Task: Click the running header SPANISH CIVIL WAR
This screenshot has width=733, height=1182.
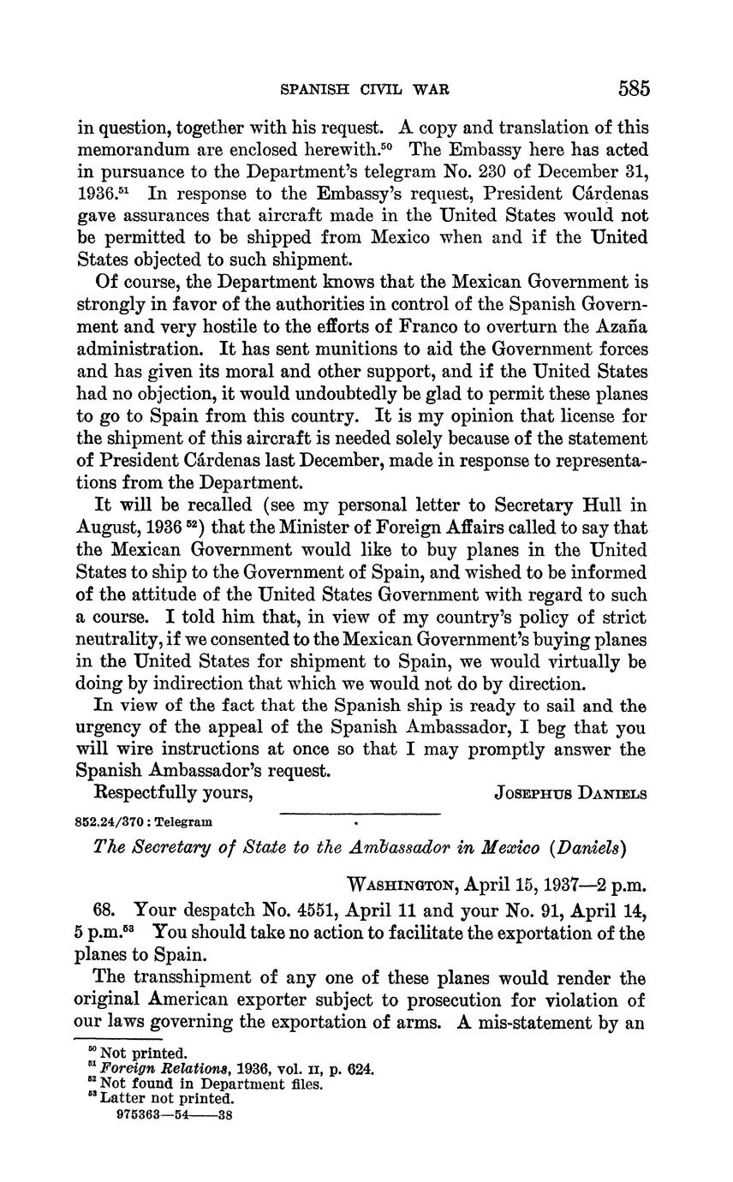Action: click(x=366, y=89)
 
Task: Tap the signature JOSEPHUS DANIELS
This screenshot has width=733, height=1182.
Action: click(x=570, y=793)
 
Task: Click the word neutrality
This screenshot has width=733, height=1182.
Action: click(x=130, y=639)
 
